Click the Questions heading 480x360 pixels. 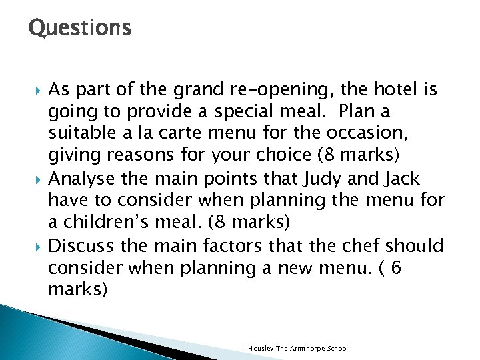pos(80,28)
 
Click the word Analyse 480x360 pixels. pos(82,179)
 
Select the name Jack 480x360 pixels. pos(419,179)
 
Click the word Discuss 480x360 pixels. pos(81,246)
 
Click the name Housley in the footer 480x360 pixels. pos(261,349)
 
